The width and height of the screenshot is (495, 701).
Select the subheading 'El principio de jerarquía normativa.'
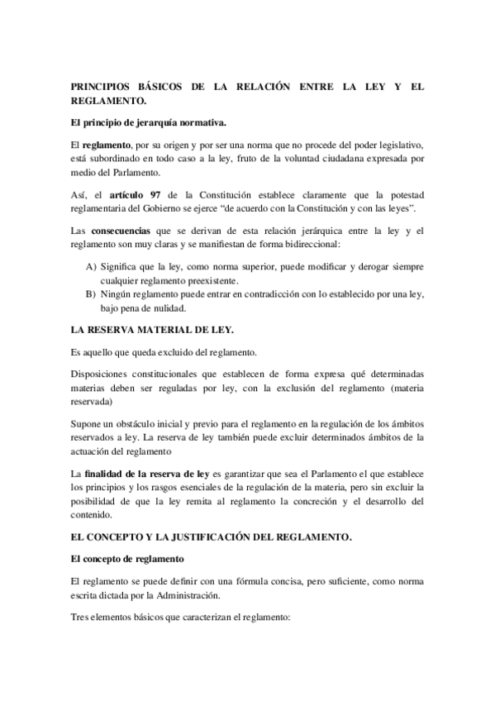tap(148, 122)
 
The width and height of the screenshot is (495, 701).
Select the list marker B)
tap(90, 294)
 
